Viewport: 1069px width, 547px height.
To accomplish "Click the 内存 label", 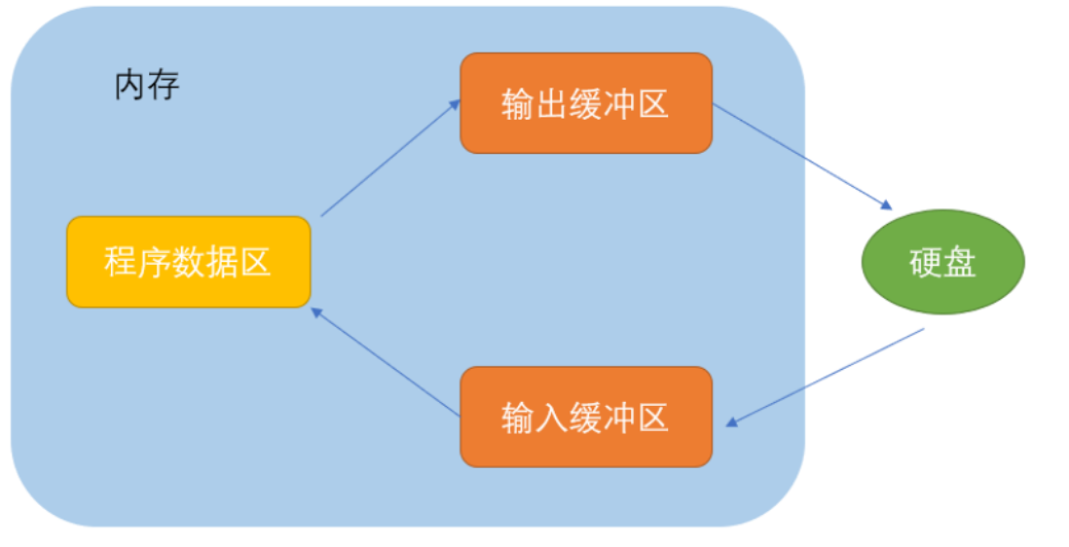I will coord(147,86).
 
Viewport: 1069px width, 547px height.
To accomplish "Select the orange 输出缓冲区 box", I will coord(585,103).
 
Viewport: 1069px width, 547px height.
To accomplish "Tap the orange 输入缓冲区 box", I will coord(585,417).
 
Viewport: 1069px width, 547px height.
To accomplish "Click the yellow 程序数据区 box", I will coord(188,262).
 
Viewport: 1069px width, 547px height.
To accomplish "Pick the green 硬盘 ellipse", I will coord(942,263).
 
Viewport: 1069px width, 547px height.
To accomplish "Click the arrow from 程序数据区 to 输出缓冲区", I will coord(389,157).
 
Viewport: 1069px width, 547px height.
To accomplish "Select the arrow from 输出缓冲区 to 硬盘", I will coord(802,157).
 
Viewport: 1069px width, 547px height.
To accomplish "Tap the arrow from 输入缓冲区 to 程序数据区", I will coord(385,363).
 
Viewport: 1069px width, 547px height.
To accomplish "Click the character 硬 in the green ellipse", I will coord(926,263).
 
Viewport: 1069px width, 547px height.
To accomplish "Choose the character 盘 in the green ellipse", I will coord(960,263).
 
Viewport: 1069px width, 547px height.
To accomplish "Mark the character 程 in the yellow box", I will coord(121,262).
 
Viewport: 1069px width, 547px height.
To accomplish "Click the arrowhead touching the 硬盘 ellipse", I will coord(886,205).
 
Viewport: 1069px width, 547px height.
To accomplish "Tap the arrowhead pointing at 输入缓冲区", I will coord(732,421).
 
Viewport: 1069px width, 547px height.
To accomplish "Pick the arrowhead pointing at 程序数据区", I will coord(316,312).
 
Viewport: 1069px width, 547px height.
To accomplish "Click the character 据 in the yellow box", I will coord(221,262).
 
